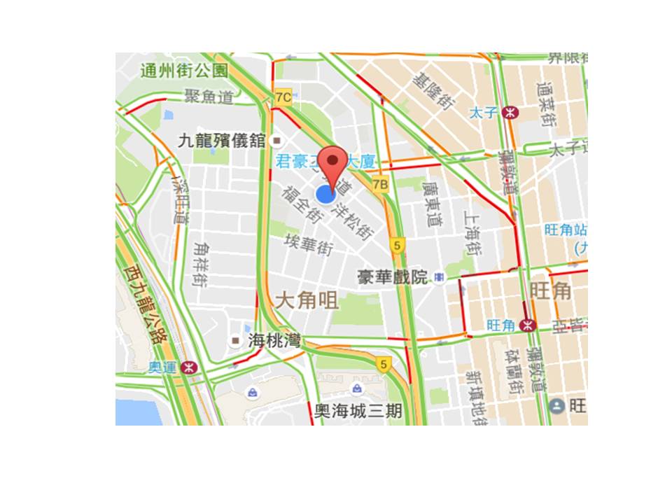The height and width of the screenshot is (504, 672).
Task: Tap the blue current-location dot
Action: pyautogui.click(x=325, y=195)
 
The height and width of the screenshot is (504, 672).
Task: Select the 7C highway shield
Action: pyautogui.click(x=283, y=97)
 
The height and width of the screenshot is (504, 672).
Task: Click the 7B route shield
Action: pyautogui.click(x=380, y=185)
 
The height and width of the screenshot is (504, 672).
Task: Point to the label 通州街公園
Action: pyautogui.click(x=184, y=71)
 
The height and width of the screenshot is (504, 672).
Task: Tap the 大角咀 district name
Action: pyautogui.click(x=306, y=301)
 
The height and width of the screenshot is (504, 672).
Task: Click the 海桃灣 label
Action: pyautogui.click(x=275, y=342)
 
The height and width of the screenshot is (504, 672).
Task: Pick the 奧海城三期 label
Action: pyautogui.click(x=358, y=411)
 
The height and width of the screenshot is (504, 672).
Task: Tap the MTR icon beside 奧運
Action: pyautogui.click(x=188, y=367)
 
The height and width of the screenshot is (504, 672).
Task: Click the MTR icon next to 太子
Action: pyautogui.click(x=512, y=112)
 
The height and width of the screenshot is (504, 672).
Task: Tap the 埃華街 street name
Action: pyautogui.click(x=308, y=244)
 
